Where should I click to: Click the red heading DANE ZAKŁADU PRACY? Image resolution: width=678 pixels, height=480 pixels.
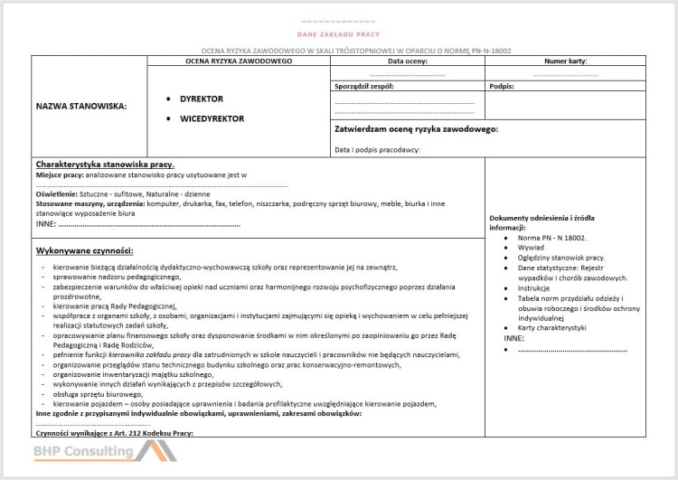point(339,33)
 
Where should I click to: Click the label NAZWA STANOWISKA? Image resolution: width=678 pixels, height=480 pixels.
point(81,106)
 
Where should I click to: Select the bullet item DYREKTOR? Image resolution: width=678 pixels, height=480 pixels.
point(201,99)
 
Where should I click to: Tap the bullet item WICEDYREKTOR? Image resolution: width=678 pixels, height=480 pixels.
point(212,118)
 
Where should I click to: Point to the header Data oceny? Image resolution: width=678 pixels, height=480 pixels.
point(407,61)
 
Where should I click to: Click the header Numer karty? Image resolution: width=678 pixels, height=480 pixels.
point(566,61)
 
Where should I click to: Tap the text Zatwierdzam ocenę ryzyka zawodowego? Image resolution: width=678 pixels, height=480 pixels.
point(417,129)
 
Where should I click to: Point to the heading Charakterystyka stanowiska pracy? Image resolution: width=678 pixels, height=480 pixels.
point(105,165)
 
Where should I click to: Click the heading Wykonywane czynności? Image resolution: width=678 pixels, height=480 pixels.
point(85,249)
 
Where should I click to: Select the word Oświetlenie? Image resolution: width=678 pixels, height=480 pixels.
point(57,194)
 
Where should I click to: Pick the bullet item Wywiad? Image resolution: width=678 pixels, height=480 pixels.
point(531,248)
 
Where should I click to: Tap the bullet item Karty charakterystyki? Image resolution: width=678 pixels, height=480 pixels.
point(552,326)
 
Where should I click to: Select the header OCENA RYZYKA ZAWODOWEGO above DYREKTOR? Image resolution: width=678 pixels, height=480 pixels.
point(239,61)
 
